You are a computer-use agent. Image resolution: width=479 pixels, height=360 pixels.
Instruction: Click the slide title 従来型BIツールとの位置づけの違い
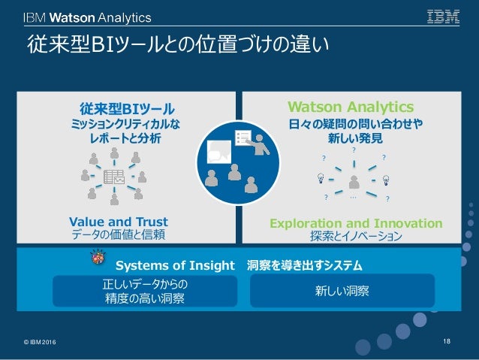[x=178, y=52]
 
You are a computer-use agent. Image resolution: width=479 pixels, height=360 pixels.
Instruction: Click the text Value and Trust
[x=118, y=222]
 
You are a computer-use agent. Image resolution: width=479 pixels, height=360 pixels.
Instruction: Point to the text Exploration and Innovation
[x=356, y=223]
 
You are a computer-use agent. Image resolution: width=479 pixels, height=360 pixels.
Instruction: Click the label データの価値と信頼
[x=118, y=234]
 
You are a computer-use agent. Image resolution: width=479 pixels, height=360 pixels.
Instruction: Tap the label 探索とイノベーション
[x=356, y=236]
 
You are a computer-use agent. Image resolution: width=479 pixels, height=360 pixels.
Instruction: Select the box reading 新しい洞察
[x=342, y=291]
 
